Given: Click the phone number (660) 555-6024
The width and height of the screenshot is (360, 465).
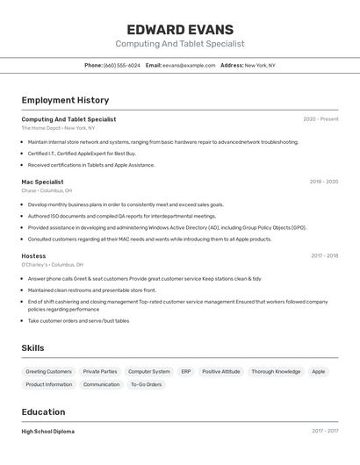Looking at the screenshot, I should (x=121, y=65).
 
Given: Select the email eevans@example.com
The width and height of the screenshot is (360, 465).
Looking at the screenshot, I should (x=188, y=65).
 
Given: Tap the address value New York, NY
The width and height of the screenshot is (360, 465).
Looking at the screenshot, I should (x=259, y=65).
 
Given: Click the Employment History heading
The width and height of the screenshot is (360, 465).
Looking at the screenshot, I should (x=65, y=100).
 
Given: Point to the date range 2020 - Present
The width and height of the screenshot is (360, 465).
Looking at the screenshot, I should (x=320, y=119).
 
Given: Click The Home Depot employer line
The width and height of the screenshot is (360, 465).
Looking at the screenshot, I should (x=58, y=128).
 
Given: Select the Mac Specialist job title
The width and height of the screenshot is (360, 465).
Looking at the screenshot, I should (x=42, y=182).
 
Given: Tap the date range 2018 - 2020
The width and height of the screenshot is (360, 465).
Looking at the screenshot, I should (x=323, y=182).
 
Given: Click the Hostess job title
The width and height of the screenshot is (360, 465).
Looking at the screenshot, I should (x=33, y=255).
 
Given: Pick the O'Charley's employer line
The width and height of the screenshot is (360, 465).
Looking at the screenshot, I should (x=52, y=264).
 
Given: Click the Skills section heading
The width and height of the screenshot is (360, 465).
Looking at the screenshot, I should (x=32, y=348).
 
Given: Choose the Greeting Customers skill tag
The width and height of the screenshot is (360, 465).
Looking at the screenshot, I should (x=48, y=371).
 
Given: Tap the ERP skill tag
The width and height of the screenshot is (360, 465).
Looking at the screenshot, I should (x=186, y=371).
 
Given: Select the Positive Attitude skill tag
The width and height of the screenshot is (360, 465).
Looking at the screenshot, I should (x=220, y=371).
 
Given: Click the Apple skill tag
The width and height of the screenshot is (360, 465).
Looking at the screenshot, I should (x=318, y=371).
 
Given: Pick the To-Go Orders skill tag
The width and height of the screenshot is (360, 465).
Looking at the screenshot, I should (x=146, y=384).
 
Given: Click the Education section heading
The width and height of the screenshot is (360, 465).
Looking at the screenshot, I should (x=43, y=411).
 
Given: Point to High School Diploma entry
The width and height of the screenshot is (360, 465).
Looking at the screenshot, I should (x=48, y=432).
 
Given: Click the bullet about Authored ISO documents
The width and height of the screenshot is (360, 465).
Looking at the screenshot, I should (x=121, y=216).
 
